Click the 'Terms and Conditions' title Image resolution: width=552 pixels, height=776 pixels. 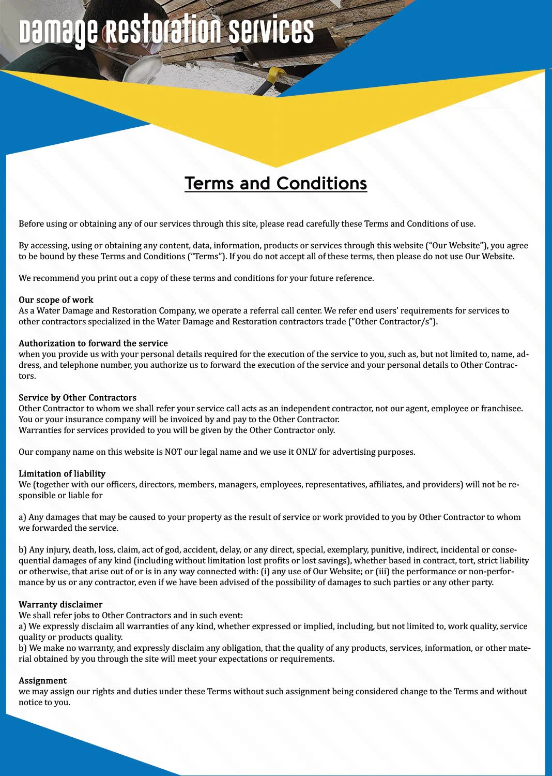[x=275, y=184]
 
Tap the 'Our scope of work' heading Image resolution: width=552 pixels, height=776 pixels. [x=56, y=300]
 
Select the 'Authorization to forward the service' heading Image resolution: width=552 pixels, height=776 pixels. [x=93, y=344]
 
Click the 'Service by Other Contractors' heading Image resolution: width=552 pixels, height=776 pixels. [x=78, y=398]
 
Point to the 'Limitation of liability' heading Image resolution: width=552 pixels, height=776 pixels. [x=62, y=474]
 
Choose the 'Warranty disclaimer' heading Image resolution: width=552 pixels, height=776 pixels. [x=60, y=605]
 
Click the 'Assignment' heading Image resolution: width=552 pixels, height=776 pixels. [x=42, y=681]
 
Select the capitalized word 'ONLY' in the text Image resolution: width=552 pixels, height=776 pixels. [x=306, y=452]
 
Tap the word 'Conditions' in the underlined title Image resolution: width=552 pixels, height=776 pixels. [x=321, y=184]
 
